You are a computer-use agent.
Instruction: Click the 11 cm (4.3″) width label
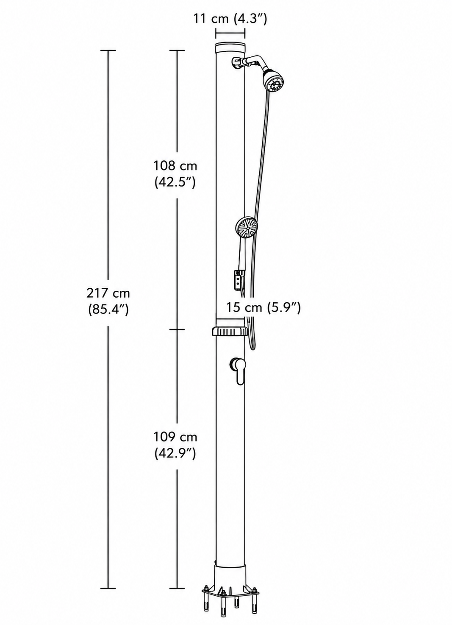click(x=230, y=19)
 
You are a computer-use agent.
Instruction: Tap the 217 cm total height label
click(x=108, y=301)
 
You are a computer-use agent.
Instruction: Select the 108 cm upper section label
click(x=175, y=174)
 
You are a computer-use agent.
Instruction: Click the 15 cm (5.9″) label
click(x=263, y=307)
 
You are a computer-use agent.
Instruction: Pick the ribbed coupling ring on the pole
click(x=230, y=332)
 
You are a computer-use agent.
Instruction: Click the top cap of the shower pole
click(x=230, y=48)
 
